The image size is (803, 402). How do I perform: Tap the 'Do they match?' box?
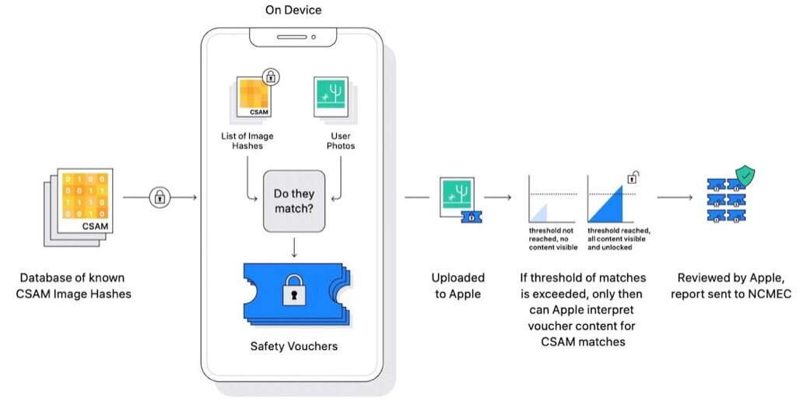coord(293,202)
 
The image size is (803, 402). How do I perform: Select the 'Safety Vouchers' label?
coord(293,346)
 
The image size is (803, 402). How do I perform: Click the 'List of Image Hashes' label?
coord(247,141)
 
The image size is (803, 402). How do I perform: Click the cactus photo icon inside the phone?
coord(330,97)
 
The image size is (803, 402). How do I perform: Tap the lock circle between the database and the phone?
coord(160,198)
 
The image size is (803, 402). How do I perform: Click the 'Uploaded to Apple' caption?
coord(458,285)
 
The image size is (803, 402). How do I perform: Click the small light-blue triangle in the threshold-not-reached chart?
coord(539,214)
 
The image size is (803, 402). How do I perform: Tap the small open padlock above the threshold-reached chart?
coord(634,175)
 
